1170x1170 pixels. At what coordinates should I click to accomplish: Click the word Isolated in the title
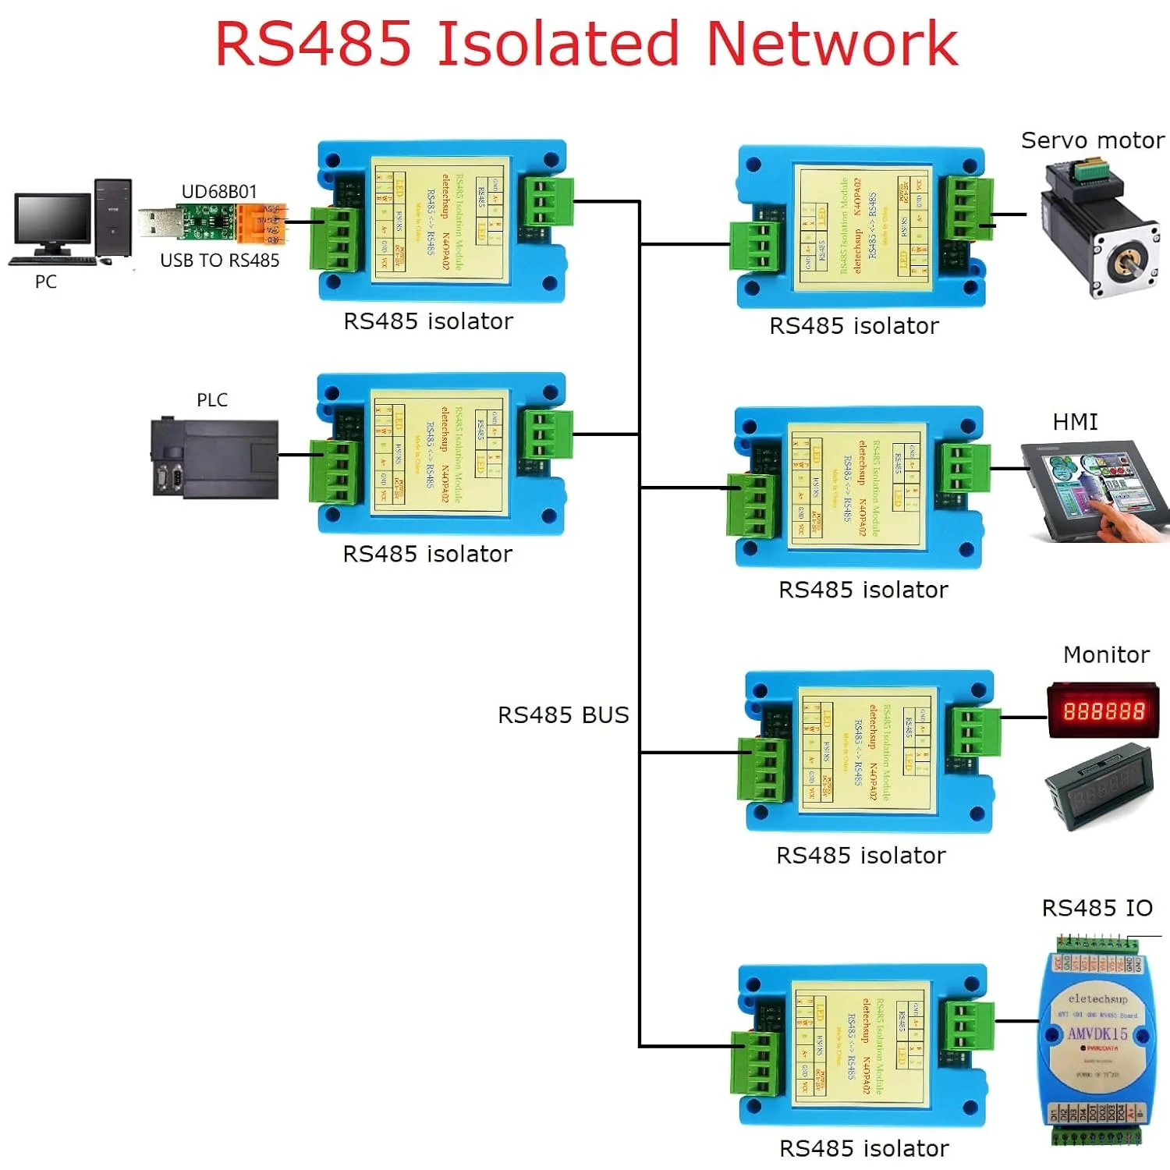558,44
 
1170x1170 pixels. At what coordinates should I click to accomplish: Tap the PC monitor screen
52,219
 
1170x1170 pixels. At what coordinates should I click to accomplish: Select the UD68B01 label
218,192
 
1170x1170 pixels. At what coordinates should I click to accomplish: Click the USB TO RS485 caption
219,261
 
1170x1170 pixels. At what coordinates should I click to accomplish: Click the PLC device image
214,459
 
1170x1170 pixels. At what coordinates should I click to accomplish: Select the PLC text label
212,400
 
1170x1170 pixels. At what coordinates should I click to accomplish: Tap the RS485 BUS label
563,715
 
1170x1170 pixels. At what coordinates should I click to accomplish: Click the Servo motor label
1092,140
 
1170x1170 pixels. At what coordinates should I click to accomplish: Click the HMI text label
1075,422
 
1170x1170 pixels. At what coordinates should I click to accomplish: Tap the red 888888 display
1103,711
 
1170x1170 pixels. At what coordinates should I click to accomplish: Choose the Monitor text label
1106,654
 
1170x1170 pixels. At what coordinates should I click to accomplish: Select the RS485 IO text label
1097,908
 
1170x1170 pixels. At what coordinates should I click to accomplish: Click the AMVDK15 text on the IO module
1097,1034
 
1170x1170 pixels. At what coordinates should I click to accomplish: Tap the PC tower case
113,218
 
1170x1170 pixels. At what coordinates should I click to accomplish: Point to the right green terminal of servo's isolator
967,208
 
